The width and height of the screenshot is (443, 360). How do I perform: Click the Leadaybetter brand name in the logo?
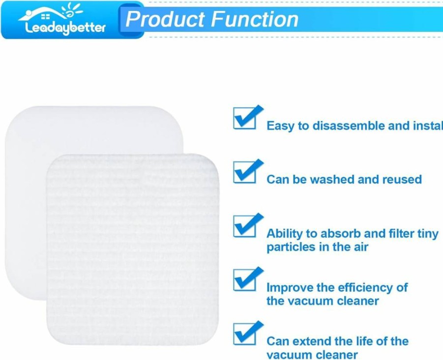tap(65, 28)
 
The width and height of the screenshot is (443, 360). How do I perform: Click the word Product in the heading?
tap(165, 19)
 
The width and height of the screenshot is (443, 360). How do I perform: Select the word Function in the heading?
tap(255, 19)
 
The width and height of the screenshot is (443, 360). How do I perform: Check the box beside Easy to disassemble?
tap(245, 118)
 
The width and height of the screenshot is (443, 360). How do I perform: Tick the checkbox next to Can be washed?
tap(245, 172)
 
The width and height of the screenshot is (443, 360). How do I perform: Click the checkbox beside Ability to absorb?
tap(245, 226)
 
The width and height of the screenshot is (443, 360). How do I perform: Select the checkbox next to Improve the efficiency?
tap(245, 280)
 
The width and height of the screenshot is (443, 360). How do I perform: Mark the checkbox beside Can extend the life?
tap(245, 334)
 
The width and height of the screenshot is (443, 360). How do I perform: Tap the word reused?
tap(402, 179)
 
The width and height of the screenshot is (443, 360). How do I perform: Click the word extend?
tap(312, 341)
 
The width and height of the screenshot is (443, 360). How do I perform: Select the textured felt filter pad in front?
tap(133, 249)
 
